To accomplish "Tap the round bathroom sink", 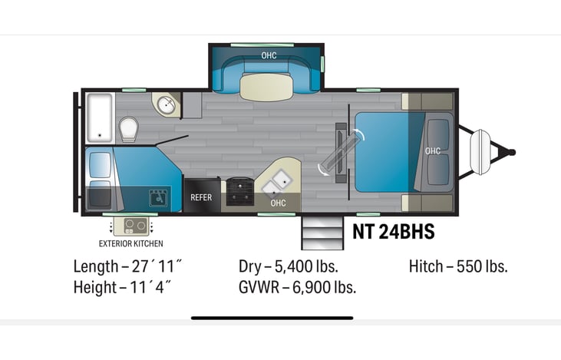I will [163, 105].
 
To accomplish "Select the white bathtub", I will [100, 117].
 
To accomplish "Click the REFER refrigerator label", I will [201, 197].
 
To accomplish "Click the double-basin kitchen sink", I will [276, 183].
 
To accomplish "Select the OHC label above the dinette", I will [269, 55].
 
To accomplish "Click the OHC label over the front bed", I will [432, 151].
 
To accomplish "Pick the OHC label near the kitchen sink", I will [278, 203].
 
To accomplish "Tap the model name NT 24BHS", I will [394, 232].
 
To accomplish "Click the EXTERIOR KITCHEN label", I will [131, 244].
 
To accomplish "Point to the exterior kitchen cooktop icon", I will [131, 226].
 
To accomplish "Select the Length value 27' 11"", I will [158, 267].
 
